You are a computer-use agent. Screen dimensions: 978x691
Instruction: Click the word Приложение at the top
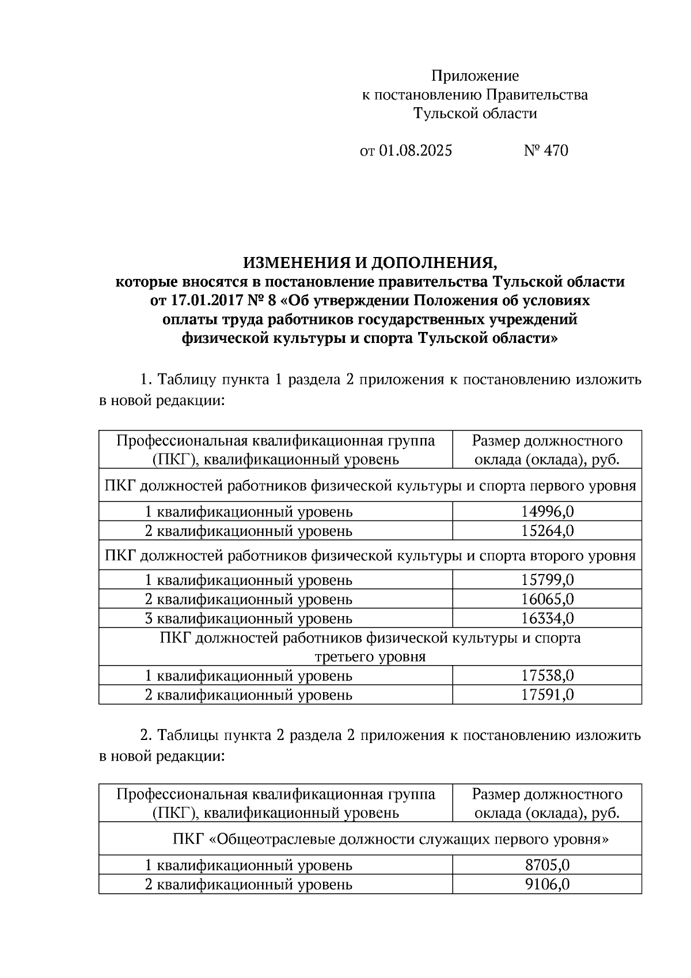[x=475, y=75]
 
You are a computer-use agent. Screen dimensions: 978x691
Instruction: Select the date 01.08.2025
[x=415, y=151]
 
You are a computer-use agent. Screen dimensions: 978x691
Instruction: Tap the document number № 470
[x=545, y=151]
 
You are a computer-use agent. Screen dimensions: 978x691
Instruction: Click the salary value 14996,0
[x=547, y=511]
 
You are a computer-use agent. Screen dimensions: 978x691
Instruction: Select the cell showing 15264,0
[x=547, y=530]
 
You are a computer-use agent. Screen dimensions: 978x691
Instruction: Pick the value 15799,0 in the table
[x=547, y=580]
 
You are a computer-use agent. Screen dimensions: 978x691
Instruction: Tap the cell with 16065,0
[x=547, y=599]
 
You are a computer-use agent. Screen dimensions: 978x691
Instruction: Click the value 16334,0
[x=547, y=618]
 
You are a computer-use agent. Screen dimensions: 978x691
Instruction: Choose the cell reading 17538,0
[x=547, y=675]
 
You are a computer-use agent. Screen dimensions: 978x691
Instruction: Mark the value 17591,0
[x=547, y=694]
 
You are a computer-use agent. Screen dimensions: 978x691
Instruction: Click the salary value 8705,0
[x=547, y=865]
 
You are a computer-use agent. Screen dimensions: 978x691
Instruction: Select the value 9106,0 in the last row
[x=547, y=884]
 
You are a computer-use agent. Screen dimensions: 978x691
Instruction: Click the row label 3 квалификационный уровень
[x=248, y=618]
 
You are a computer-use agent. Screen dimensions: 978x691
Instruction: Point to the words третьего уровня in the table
[x=370, y=656]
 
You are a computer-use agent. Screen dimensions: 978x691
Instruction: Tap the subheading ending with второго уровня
[x=370, y=556]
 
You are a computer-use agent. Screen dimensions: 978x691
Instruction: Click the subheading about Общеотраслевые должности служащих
[x=390, y=839]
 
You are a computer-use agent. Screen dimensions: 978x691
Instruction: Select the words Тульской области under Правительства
[x=475, y=114]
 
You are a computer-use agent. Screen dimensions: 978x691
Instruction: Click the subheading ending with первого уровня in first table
[x=370, y=486]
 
